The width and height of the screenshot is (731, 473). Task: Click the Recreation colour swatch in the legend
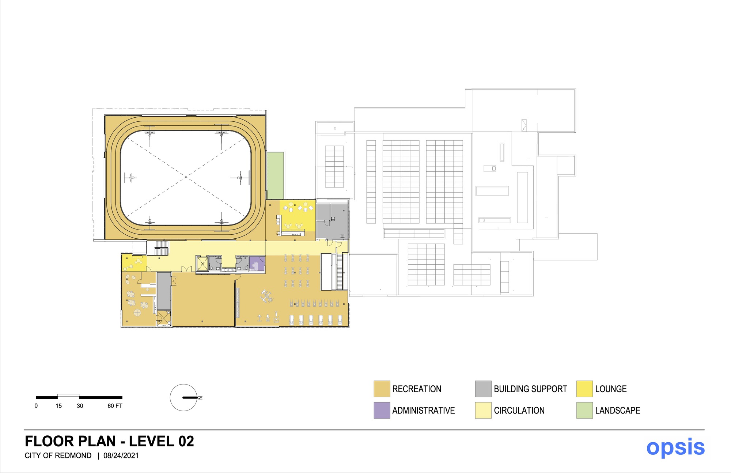[382, 389]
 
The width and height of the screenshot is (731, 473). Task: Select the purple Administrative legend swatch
[382, 410]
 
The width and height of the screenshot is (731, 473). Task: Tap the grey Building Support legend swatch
[483, 389]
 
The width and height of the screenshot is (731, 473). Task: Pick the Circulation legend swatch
[483, 410]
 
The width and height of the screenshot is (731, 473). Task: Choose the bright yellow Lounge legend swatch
[584, 389]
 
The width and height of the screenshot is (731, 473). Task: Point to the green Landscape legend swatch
[584, 410]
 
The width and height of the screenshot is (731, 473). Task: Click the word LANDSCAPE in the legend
[617, 410]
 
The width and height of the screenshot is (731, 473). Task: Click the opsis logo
[675, 447]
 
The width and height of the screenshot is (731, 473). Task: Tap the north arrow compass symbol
[184, 397]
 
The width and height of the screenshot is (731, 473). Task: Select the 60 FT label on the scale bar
[115, 406]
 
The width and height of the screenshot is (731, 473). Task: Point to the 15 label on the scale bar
[59, 406]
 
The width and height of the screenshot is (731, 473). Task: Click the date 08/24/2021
[121, 455]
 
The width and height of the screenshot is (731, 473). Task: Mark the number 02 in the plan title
[186, 441]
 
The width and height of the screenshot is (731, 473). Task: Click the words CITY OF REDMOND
[58, 455]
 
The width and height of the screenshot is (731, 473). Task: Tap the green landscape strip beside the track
[275, 175]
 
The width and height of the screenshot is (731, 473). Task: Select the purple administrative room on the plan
[257, 263]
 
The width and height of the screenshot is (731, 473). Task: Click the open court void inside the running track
[186, 177]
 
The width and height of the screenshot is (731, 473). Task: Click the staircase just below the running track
[161, 248]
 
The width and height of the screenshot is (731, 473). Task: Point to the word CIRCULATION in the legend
[519, 410]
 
